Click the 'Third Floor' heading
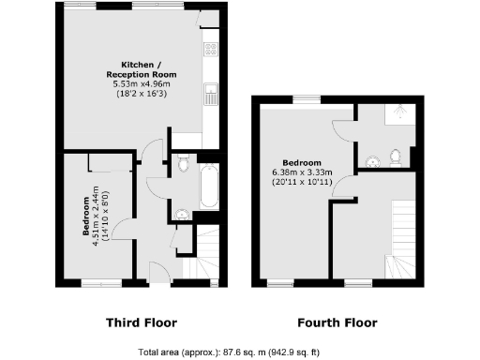(141, 322)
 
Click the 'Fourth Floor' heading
(337, 322)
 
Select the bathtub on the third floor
(210, 186)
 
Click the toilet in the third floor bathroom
(184, 166)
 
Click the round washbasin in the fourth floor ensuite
(374, 158)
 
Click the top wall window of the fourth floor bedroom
(305, 98)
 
